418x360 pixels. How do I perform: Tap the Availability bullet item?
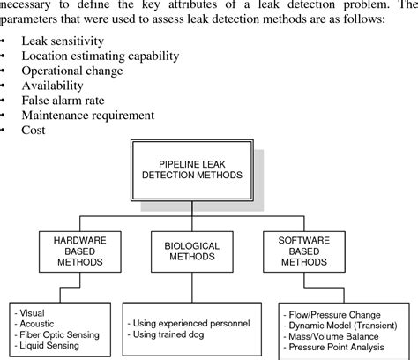click(65, 86)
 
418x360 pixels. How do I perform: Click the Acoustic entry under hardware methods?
click(40, 323)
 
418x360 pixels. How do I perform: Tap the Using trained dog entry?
click(171, 334)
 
